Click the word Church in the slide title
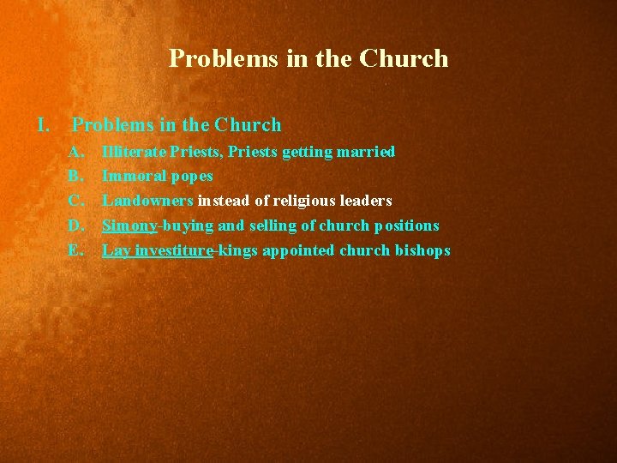404,58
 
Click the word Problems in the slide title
210,58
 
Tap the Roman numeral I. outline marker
44,125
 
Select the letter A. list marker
76,152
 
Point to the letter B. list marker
76,177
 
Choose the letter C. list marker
76,201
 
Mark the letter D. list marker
76,225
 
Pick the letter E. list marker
76,250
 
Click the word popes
192,177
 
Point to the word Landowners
147,201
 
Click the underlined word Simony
129,225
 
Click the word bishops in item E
421,250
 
